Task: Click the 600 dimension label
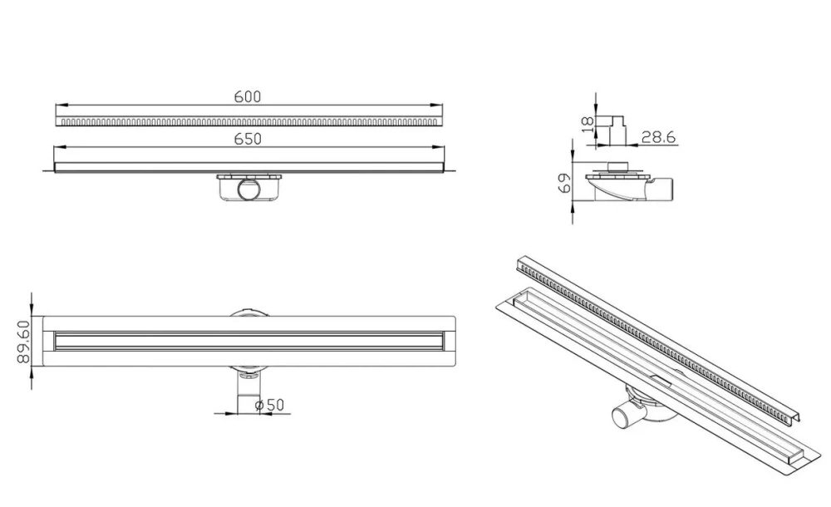coord(248,97)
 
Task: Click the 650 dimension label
coord(248,139)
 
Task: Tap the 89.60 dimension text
coord(23,342)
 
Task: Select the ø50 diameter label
coord(269,405)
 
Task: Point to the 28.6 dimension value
coord(659,137)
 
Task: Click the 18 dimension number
coord(588,125)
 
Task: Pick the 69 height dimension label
coord(565,184)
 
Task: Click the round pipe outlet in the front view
coord(248,190)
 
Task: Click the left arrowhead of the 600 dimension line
coord(60,105)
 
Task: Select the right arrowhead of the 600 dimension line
coord(438,105)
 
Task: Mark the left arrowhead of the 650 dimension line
coord(59,147)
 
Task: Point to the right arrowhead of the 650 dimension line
coord(438,147)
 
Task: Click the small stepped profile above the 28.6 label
coord(611,130)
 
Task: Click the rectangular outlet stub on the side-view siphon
coord(665,190)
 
